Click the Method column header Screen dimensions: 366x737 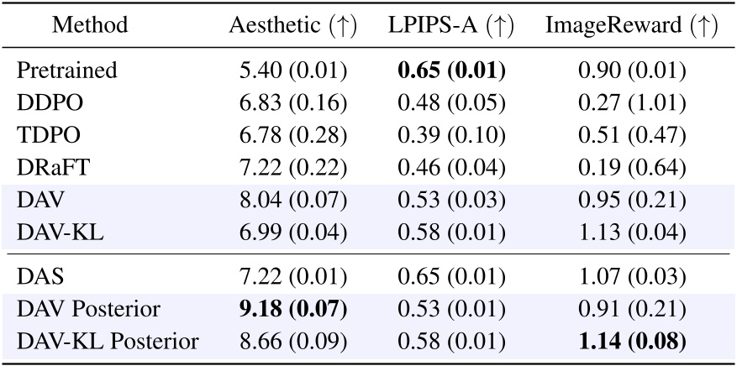pos(90,26)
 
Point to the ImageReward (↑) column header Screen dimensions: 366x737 pos(631,26)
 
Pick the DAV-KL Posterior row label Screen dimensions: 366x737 pos(108,342)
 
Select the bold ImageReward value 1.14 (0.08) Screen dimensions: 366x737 pos(631,342)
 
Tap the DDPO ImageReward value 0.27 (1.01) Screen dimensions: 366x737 pos(631,103)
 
